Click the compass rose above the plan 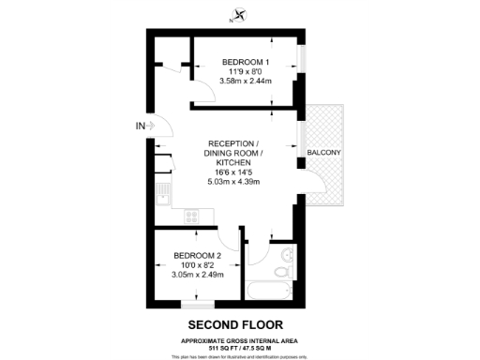239,15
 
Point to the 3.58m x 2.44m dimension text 245,81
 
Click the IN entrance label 141,127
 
